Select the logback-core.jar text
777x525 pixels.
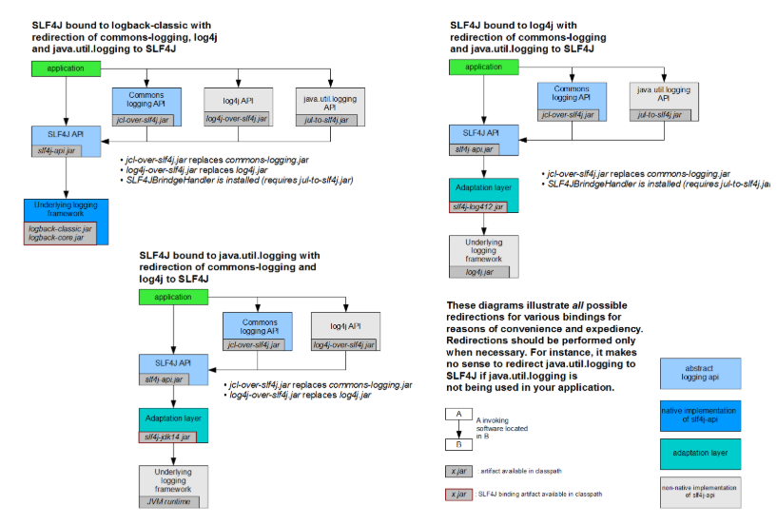58,237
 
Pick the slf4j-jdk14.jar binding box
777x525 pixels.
166,437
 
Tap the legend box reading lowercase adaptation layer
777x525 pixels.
699,455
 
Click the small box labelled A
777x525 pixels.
458,415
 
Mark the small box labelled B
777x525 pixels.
458,443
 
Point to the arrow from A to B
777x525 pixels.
458,429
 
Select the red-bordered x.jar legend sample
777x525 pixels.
460,494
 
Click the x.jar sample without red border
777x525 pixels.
460,471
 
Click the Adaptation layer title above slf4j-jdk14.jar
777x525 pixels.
173,418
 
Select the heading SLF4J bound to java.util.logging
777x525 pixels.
229,256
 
